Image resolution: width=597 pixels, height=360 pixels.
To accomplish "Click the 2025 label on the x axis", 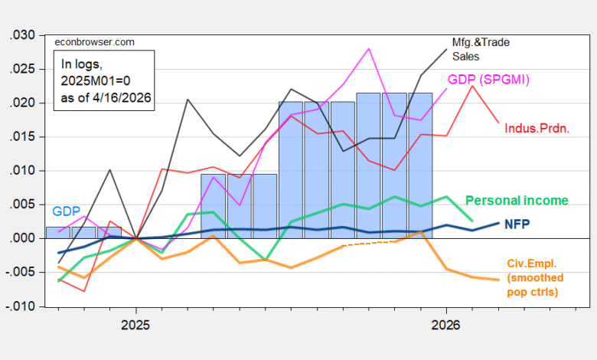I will point(135,326).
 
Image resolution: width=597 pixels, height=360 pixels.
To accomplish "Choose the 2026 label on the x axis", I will point(447,326).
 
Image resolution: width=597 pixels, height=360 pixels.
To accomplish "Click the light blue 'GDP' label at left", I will point(65,211).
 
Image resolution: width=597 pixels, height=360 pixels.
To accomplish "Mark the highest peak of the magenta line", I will point(370,48).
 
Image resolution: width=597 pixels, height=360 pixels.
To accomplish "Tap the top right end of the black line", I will point(448,48).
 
